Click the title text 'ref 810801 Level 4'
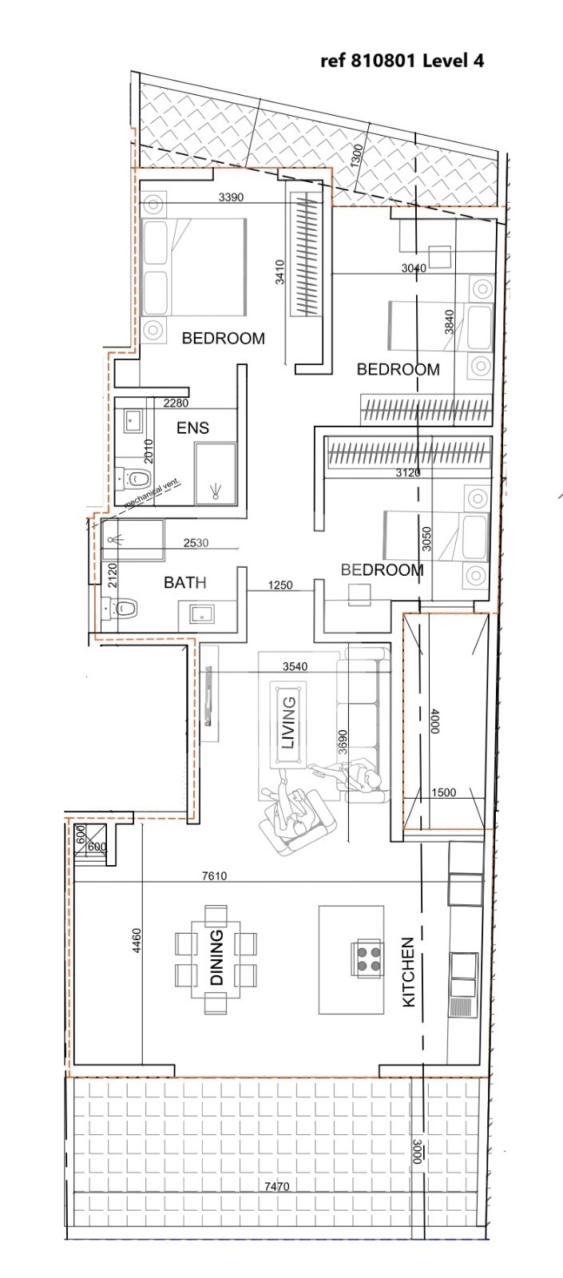click(402, 61)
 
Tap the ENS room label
click(192, 428)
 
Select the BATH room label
click(184, 582)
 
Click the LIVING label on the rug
click(289, 722)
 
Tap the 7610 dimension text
click(215, 875)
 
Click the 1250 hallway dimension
click(280, 585)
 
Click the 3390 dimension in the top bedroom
click(231, 197)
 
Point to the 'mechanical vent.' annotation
click(153, 493)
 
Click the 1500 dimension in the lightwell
click(443, 792)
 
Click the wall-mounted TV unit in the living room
click(209, 694)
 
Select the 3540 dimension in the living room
click(295, 666)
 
